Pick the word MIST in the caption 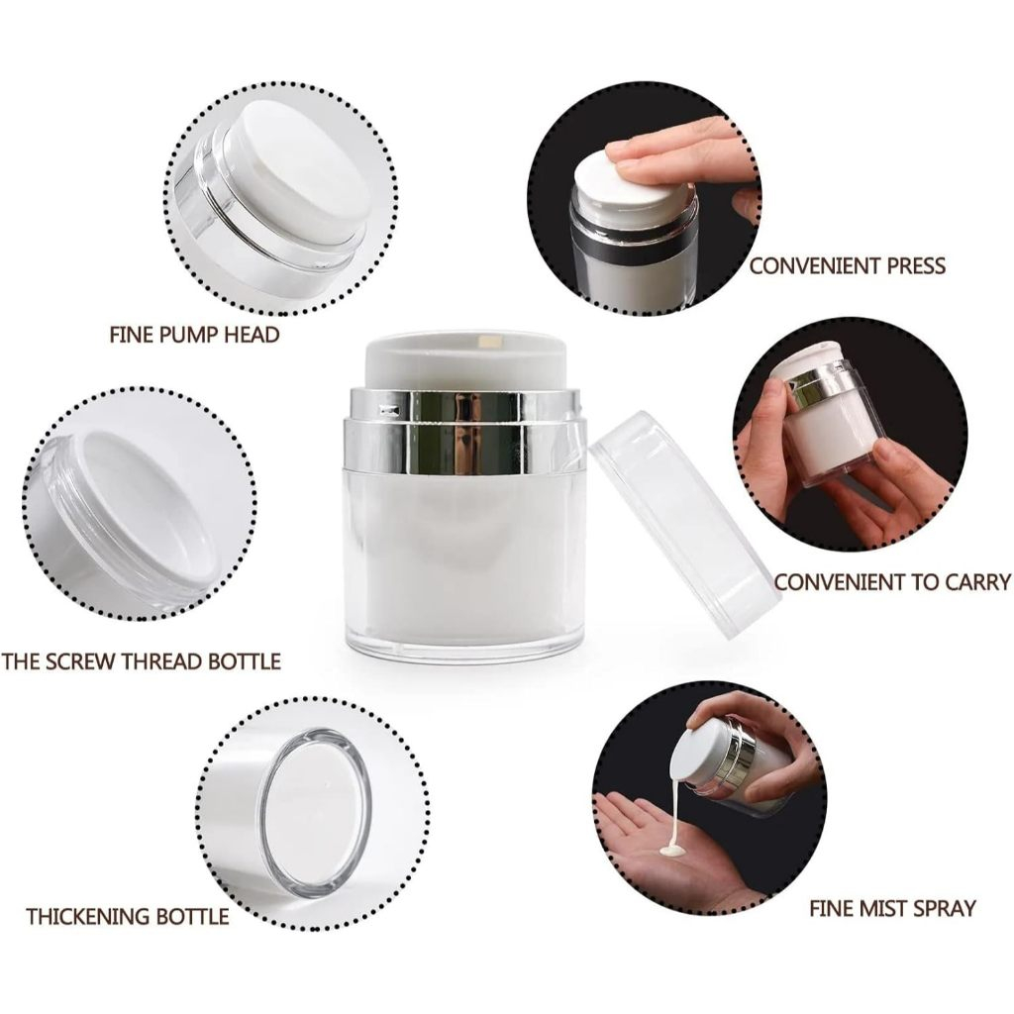(x=884, y=908)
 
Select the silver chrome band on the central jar (x=465, y=429)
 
